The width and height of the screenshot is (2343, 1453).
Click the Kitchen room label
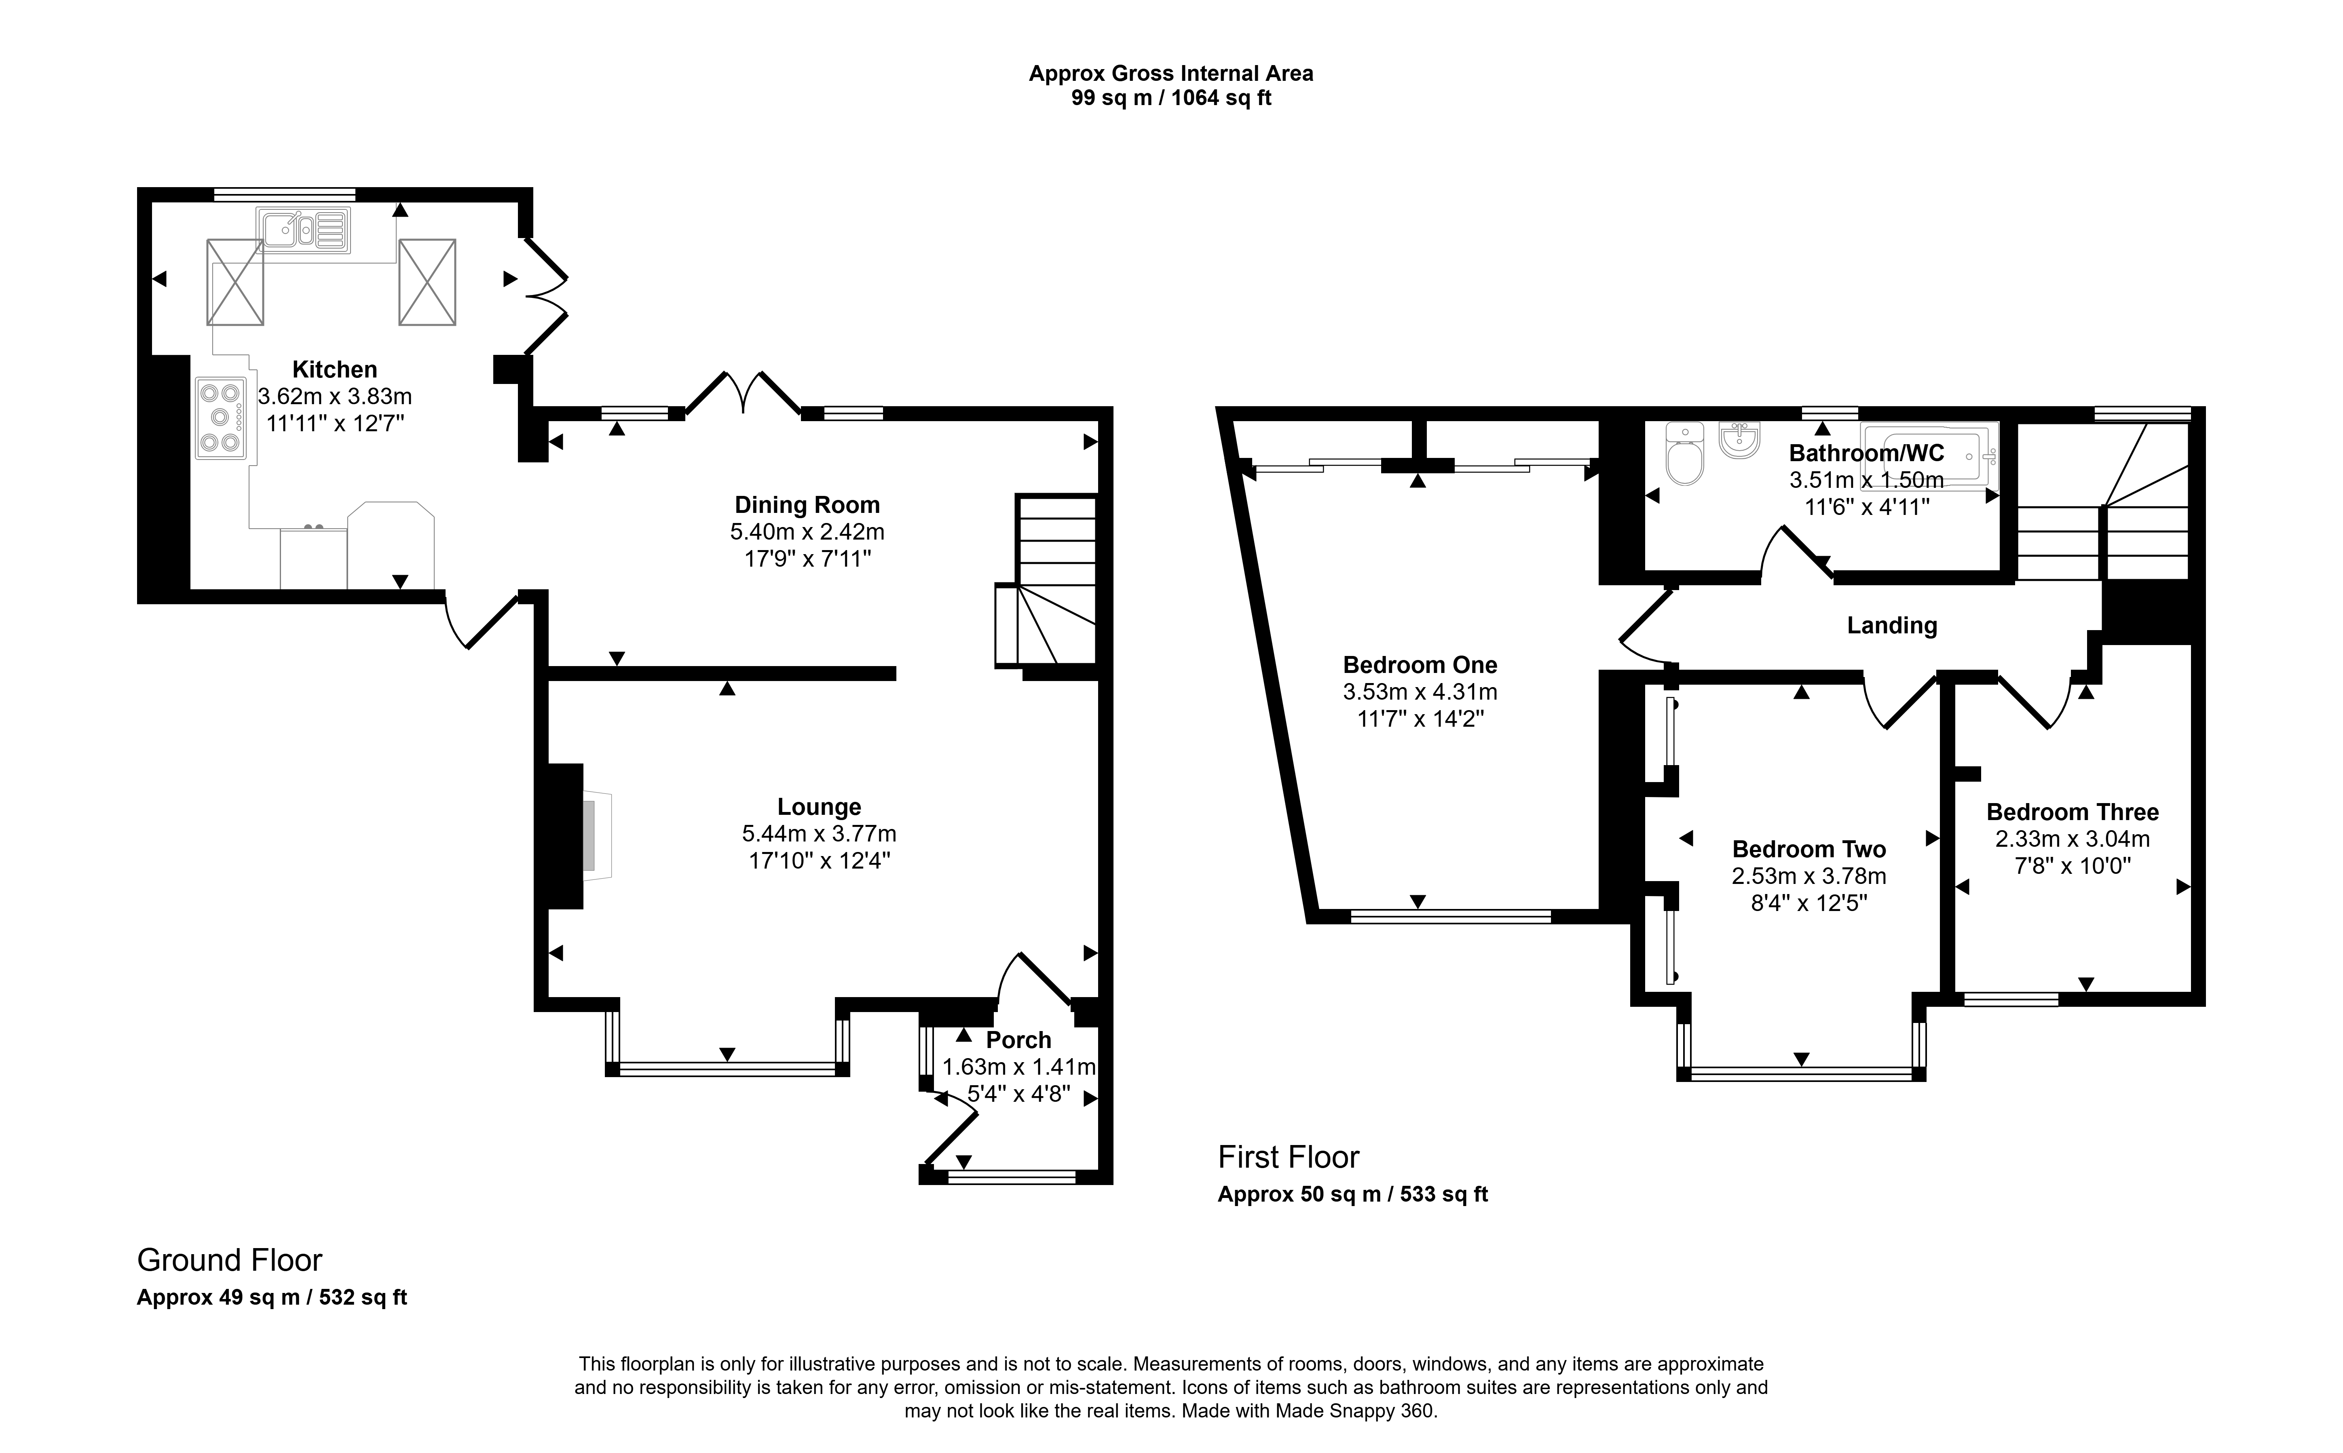coord(334,369)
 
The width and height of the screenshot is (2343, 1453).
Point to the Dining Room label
coord(807,504)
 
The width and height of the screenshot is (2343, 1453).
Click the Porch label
coord(1019,1040)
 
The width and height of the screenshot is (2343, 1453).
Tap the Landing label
coord(1891,626)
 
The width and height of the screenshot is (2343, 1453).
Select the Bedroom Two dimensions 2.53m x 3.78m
coord(1808,876)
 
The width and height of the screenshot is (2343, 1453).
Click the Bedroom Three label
coord(2073,812)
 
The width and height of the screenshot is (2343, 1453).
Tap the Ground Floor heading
coord(230,1260)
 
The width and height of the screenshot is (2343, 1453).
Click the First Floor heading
coord(1289,1157)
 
